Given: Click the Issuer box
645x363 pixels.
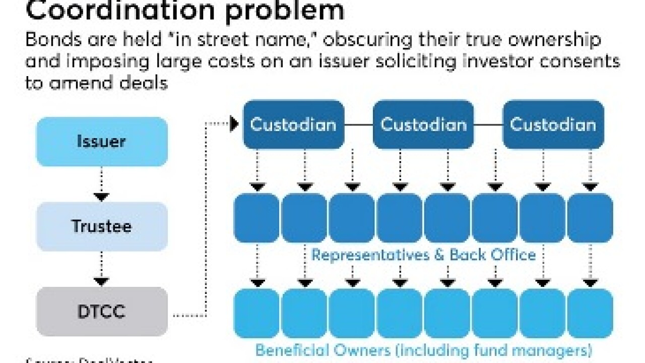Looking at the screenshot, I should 102,142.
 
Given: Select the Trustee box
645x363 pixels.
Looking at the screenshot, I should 102,226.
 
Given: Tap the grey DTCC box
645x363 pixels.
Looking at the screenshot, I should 102,312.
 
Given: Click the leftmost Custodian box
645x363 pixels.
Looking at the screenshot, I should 293,125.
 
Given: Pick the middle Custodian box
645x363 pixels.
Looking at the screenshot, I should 423,125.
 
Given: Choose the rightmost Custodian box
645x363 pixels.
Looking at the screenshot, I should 553,125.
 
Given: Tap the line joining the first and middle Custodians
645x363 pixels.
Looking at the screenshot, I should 358,125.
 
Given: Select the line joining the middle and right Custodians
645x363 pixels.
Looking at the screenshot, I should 488,125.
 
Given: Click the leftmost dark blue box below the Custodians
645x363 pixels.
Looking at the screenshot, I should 256,218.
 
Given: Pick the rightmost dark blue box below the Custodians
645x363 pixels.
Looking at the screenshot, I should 590,218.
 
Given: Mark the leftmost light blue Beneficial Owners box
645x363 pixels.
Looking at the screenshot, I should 256,313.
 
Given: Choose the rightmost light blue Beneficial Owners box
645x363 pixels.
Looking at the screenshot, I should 590,313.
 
